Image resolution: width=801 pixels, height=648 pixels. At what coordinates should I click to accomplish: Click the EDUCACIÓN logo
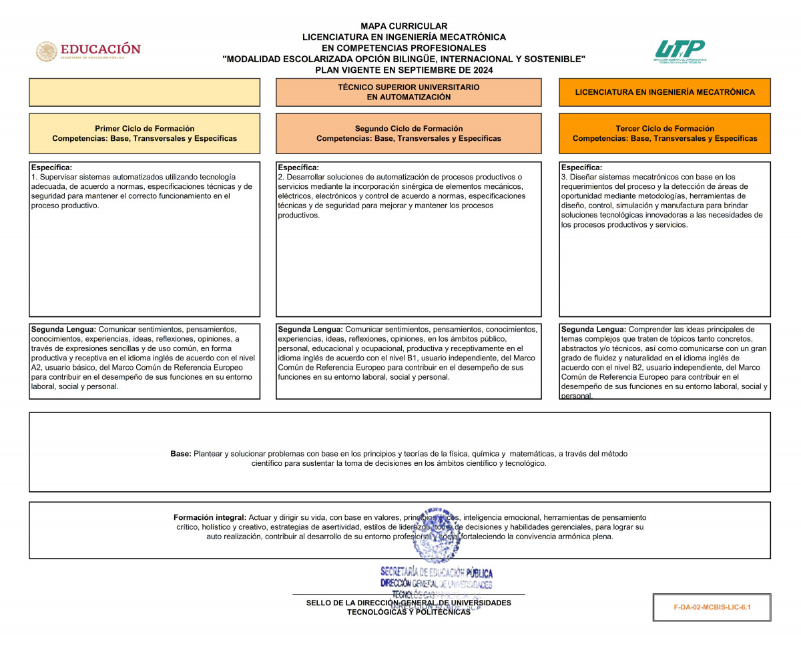89,51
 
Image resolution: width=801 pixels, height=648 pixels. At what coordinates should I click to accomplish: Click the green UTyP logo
680,50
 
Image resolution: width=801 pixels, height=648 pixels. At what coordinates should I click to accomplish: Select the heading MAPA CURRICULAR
404,26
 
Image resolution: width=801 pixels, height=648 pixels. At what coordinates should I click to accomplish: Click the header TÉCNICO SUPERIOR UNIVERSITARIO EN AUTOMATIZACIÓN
409,92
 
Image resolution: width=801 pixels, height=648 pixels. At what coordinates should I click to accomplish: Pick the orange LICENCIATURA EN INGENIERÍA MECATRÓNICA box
665,92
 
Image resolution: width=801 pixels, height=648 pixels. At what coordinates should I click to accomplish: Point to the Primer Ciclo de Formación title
145,128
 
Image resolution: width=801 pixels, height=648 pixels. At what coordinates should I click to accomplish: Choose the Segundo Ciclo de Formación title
409,128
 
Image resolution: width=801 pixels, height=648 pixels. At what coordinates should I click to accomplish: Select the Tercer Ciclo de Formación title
665,128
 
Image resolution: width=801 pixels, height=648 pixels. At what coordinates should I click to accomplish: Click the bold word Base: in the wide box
181,454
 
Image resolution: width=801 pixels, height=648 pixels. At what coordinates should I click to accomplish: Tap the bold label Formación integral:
210,517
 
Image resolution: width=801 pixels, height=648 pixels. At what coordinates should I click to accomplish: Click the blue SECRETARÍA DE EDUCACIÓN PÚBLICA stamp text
437,573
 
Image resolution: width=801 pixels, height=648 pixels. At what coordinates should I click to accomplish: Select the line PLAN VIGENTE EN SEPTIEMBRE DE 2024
404,69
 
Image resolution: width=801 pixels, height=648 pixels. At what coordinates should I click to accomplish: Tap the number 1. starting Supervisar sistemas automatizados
34,177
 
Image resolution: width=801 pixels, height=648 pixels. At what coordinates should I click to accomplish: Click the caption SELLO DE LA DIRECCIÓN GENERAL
409,603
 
